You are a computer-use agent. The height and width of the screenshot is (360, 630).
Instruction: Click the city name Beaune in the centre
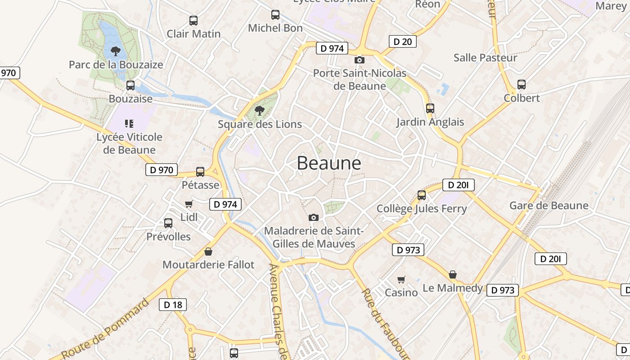click(x=329, y=163)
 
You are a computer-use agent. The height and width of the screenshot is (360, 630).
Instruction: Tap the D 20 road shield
click(x=402, y=42)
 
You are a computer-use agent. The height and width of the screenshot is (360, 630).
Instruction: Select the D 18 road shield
click(x=173, y=305)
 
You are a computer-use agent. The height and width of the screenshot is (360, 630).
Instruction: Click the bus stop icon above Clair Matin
click(x=193, y=20)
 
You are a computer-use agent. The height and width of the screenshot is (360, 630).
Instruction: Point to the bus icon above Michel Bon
click(x=275, y=15)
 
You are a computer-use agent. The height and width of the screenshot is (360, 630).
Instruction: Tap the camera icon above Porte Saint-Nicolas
click(x=359, y=60)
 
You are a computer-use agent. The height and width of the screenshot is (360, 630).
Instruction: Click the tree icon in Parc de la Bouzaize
click(x=116, y=51)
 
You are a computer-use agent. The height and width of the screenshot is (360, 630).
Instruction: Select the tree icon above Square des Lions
click(x=259, y=110)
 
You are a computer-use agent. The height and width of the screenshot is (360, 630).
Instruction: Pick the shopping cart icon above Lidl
click(x=189, y=204)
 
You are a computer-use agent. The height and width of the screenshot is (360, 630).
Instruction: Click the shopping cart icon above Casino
click(x=401, y=279)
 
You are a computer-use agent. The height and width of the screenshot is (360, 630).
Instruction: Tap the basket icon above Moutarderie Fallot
click(x=208, y=251)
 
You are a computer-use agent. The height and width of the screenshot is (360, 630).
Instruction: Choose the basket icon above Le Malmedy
click(x=453, y=274)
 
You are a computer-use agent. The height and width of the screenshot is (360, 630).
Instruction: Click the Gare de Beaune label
click(x=549, y=206)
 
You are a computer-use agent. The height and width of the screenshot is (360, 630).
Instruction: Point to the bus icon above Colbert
click(x=522, y=84)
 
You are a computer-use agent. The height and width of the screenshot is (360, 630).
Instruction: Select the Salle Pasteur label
click(x=485, y=58)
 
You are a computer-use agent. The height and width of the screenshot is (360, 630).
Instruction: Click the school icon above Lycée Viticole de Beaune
click(x=129, y=123)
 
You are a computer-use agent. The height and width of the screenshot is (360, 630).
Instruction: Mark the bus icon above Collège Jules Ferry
click(x=422, y=195)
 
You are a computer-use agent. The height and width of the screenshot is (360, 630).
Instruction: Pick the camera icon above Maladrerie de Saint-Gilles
click(x=314, y=218)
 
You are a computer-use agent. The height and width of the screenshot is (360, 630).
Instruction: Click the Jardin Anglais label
click(x=430, y=122)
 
